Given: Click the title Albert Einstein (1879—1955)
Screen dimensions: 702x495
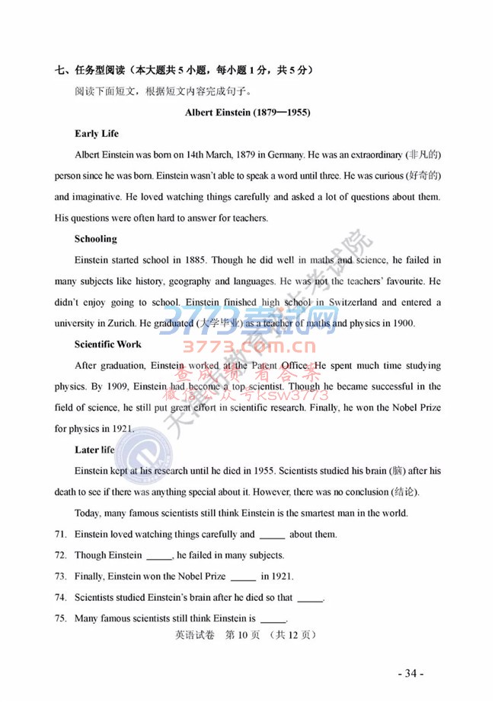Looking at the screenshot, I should point(247,114).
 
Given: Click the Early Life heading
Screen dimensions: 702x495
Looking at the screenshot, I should point(97,134).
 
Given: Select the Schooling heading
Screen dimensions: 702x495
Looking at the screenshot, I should point(96,239).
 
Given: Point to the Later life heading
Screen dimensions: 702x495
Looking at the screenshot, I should point(95,449).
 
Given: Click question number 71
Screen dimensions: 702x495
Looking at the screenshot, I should point(61,535).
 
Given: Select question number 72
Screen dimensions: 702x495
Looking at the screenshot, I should point(61,555).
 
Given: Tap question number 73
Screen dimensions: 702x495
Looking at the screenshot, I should point(61,577).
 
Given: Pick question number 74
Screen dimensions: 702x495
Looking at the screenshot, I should point(61,598).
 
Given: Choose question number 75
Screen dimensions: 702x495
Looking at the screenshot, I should point(61,618).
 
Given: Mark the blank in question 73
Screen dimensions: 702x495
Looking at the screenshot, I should point(242,578).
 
